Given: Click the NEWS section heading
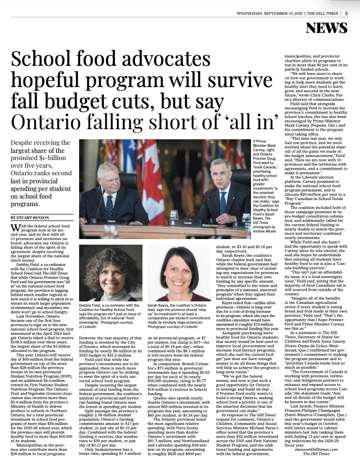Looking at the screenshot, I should click(330, 29).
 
